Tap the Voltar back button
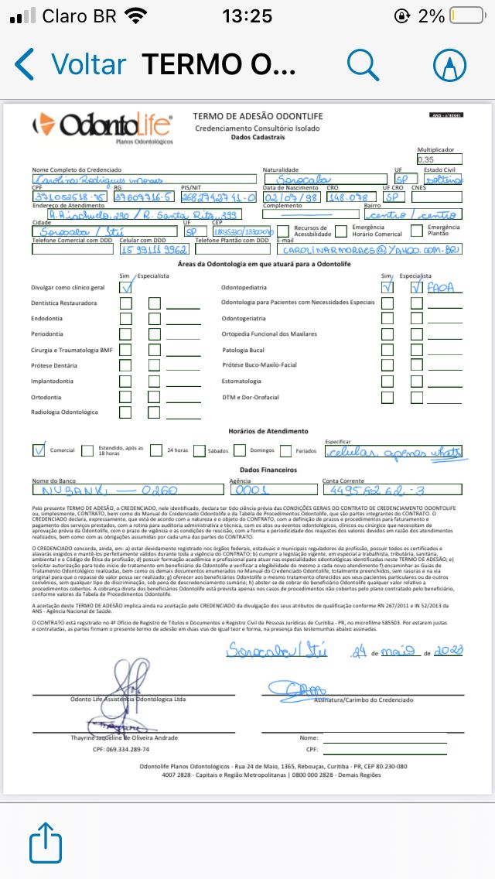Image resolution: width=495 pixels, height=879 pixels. click(x=70, y=63)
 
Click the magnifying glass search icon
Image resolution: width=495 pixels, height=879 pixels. click(x=362, y=64)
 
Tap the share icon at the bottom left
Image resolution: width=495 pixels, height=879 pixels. click(x=46, y=841)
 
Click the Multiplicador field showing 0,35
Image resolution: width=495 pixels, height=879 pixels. click(x=437, y=159)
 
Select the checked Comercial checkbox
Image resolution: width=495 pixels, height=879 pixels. click(x=39, y=450)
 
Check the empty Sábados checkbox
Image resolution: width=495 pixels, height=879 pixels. click(x=200, y=450)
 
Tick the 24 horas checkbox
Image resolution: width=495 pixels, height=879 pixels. click(x=155, y=450)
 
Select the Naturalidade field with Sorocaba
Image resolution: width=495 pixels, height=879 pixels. click(x=324, y=180)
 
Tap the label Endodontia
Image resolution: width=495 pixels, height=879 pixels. click(x=48, y=318)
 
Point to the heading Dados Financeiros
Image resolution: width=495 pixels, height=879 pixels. click(x=247, y=470)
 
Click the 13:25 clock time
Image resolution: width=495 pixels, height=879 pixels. click(x=247, y=15)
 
